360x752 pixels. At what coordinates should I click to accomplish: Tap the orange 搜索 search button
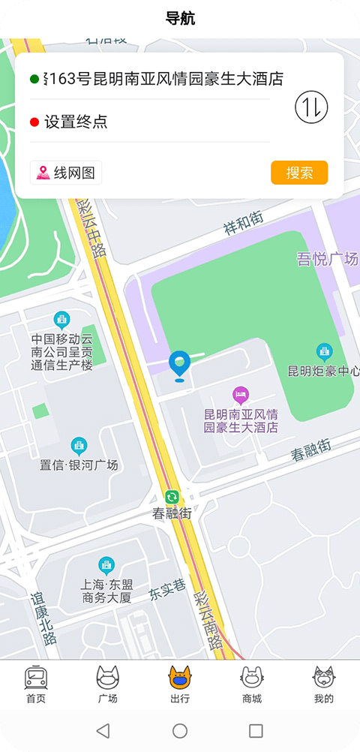(x=299, y=173)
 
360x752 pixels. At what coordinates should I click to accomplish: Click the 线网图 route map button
(x=66, y=173)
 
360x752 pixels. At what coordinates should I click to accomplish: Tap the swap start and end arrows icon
(x=311, y=107)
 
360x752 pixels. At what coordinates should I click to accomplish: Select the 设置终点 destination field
(x=150, y=122)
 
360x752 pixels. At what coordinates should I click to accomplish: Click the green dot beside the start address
(x=34, y=79)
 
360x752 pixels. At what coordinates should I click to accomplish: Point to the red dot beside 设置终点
(x=34, y=122)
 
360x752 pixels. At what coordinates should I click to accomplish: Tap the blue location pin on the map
(x=179, y=365)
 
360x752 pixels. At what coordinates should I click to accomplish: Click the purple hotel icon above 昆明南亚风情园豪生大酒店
(x=241, y=394)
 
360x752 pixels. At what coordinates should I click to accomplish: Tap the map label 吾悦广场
(x=327, y=260)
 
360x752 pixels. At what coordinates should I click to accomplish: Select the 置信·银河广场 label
(x=79, y=465)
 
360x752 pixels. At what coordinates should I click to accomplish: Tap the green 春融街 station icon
(x=172, y=497)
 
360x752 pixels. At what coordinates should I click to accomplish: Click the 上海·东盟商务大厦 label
(x=106, y=591)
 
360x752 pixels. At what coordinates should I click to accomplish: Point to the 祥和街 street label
(x=244, y=222)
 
